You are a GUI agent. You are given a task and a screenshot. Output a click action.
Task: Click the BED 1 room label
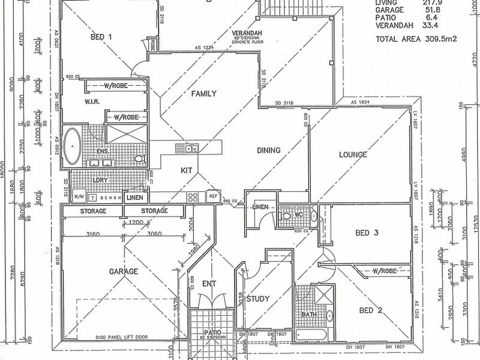pos(101,37)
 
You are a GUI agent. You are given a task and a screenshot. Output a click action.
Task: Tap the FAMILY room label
pos(203,94)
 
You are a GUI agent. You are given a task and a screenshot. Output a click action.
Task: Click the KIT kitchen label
pos(186,171)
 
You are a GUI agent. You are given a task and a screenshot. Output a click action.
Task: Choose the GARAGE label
pos(124,271)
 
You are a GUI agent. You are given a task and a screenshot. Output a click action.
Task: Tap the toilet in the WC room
pos(286,214)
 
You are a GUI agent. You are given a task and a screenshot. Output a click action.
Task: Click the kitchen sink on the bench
pos(189,148)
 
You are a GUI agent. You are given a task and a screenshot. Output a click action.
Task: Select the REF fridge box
pos(212,196)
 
